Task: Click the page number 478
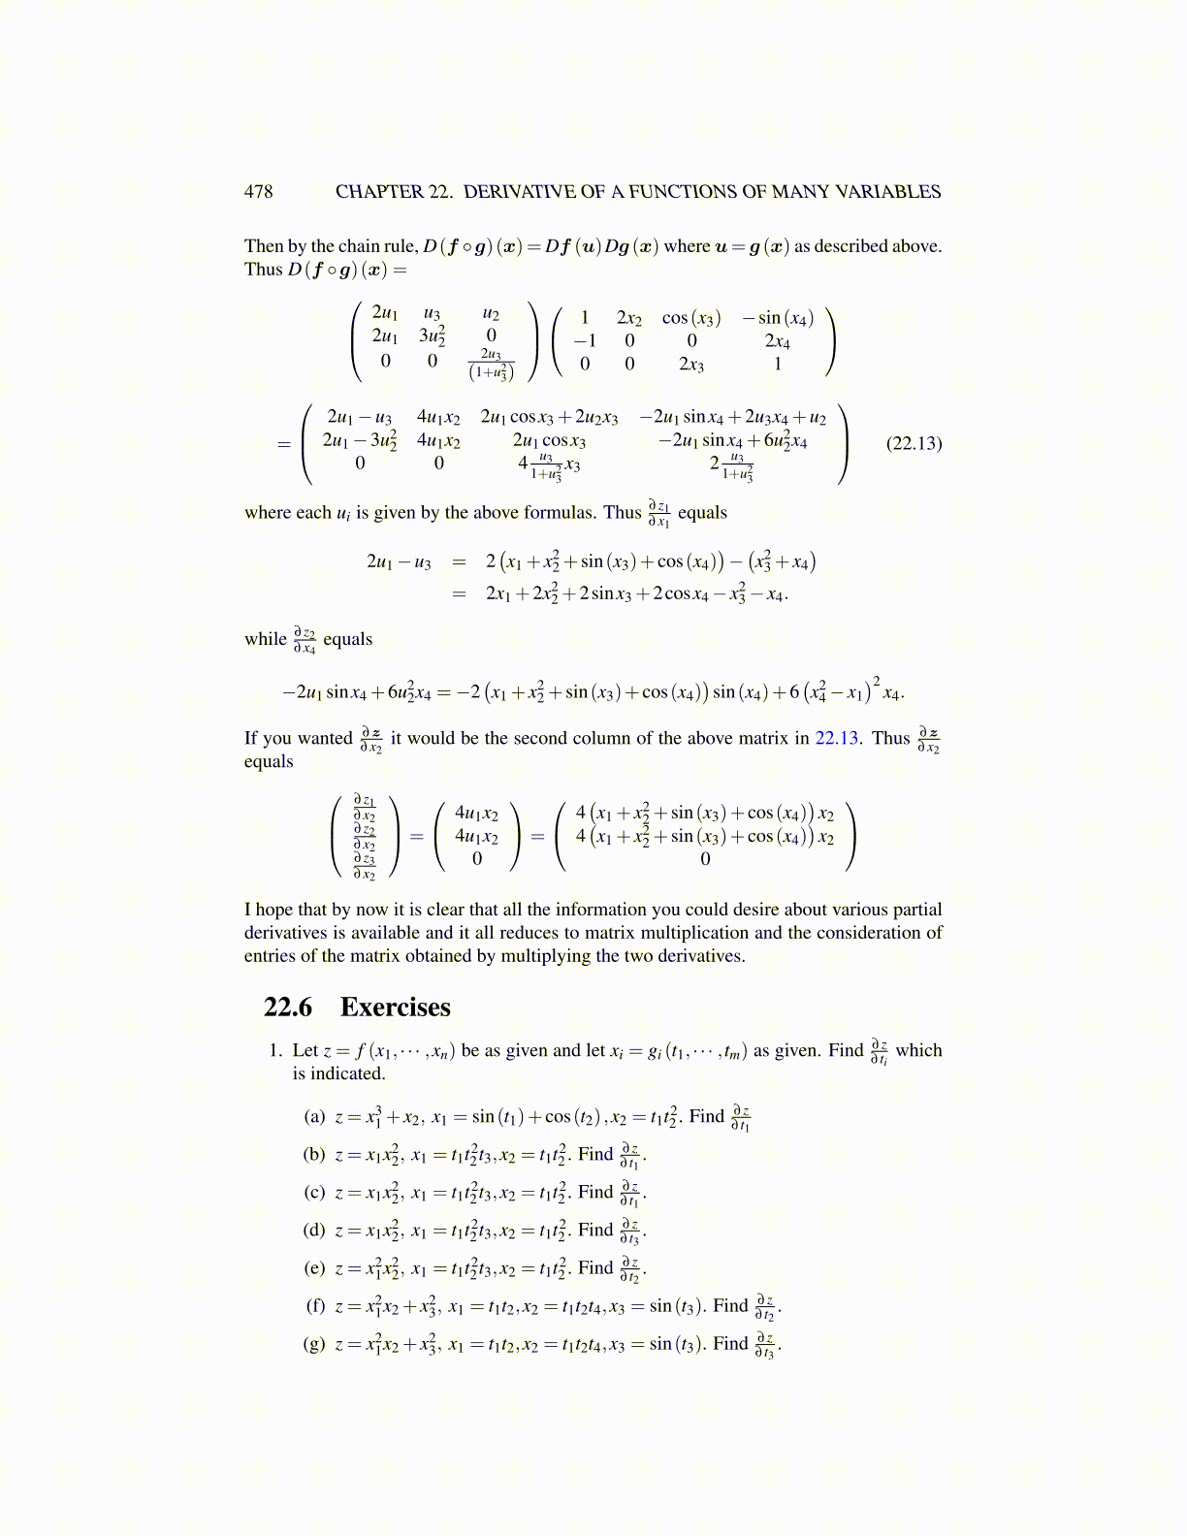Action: click(258, 192)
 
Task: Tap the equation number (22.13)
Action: click(914, 444)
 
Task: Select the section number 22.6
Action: click(287, 1008)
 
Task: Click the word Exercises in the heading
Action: click(395, 1008)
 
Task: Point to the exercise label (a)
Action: click(314, 1116)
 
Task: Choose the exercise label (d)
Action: click(314, 1231)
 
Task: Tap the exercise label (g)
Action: click(314, 1344)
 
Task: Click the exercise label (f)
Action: click(315, 1306)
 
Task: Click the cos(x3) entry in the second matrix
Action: click(691, 318)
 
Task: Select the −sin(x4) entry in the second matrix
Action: click(778, 318)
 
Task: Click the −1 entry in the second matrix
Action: click(584, 341)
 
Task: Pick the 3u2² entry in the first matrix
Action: click(433, 336)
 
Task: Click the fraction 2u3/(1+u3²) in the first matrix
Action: click(491, 365)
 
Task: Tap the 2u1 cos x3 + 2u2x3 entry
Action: click(549, 418)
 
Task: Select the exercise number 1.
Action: click(275, 1051)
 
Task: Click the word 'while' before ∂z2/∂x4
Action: click(265, 640)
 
